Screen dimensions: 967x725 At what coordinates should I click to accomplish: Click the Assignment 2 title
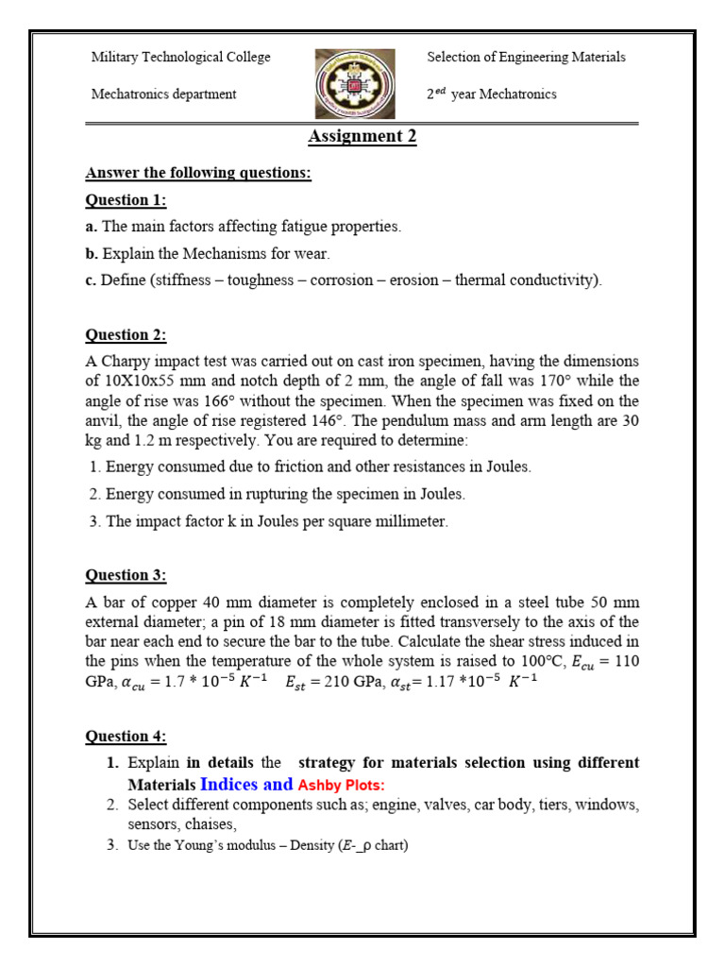click(362, 137)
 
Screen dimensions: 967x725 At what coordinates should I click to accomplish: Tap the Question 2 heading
click(126, 334)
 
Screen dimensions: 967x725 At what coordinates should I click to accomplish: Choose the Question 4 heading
click(126, 736)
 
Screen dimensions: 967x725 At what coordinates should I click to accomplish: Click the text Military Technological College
click(180, 58)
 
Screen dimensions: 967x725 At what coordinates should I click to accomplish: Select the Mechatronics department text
click(163, 94)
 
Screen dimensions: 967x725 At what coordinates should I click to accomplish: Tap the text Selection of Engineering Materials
click(526, 58)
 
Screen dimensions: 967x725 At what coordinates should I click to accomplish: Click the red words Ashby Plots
click(342, 786)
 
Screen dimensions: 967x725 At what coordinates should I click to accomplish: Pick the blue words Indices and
click(246, 785)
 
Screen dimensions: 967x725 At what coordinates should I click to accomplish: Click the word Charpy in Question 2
click(127, 362)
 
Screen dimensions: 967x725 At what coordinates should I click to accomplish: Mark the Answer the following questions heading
click(198, 174)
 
